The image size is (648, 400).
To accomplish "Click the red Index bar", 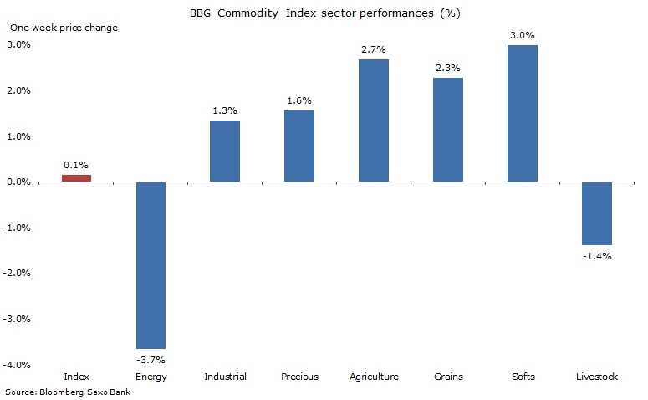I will tap(76, 177).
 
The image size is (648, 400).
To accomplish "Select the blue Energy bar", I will tap(151, 264).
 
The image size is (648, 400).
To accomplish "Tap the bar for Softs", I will tap(523, 114).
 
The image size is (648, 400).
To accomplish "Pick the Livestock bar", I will tap(597, 213).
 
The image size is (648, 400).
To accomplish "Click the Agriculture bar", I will tap(374, 121).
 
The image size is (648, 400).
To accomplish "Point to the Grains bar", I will tap(448, 130).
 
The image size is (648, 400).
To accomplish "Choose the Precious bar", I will tap(299, 146).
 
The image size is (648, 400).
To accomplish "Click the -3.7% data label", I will tap(151, 359).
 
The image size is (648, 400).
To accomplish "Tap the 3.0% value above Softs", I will tap(523, 35).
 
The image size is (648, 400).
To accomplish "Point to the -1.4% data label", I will tap(597, 256).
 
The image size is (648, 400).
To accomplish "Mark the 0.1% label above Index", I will tap(76, 165).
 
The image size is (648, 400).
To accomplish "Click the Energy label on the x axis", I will tap(151, 377).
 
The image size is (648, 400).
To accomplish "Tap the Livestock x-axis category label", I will tap(597, 377).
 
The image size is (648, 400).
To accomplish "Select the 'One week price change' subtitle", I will tap(64, 28).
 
